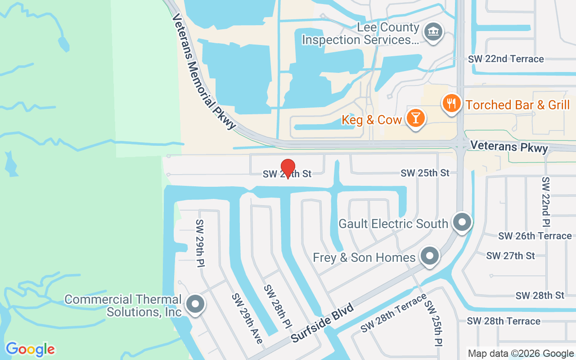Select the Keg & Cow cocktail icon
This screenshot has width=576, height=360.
pyautogui.click(x=415, y=118)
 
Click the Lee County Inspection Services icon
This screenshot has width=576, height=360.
pyautogui.click(x=434, y=32)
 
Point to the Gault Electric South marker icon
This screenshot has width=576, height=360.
pyautogui.click(x=462, y=222)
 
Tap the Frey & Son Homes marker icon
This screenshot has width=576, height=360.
pyautogui.click(x=429, y=256)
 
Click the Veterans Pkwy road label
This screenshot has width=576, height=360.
pyautogui.click(x=509, y=147)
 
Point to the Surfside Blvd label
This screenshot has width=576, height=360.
pyautogui.click(x=322, y=323)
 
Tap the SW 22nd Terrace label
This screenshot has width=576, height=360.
pyautogui.click(x=506, y=59)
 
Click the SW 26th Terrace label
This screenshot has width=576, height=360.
pyautogui.click(x=535, y=236)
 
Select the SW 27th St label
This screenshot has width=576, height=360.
pyautogui.click(x=510, y=256)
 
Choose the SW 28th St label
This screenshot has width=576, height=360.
pyautogui.click(x=540, y=296)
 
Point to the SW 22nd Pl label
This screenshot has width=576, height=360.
pyautogui.click(x=546, y=201)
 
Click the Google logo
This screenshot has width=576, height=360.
pyautogui.click(x=30, y=349)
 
